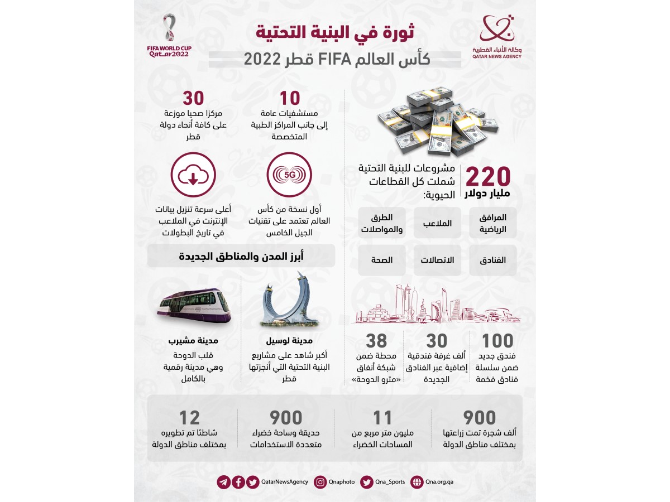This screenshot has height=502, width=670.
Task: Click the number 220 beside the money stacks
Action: [487, 177]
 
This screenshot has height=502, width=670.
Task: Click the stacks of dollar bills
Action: [438, 121]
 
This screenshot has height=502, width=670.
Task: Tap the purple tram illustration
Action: [193, 304]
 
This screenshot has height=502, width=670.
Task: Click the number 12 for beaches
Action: [189, 417]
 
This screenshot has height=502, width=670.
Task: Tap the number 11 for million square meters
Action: [382, 417]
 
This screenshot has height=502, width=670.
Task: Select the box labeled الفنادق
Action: [493, 260]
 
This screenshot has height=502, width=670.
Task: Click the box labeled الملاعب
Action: [437, 223]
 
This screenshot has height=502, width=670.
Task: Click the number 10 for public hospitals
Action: [290, 98]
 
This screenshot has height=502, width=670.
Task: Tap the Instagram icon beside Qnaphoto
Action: [320, 482]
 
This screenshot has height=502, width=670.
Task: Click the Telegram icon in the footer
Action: [224, 482]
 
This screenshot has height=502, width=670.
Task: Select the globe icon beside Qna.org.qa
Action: [417, 482]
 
